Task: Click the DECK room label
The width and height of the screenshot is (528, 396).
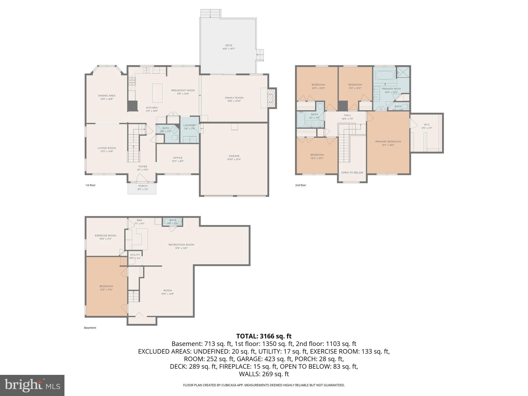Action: [x=229, y=45]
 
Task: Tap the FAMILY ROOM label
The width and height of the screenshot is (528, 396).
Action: [x=234, y=98]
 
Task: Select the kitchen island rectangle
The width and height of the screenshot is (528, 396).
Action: [x=157, y=93]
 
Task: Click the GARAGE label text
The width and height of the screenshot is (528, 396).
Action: [x=234, y=156]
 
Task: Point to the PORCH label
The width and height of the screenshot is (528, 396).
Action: [x=143, y=186]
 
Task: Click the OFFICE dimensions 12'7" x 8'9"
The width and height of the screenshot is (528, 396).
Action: [x=178, y=161]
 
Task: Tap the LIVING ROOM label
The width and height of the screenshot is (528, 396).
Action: [x=107, y=148]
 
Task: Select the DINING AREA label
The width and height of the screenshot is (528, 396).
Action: [x=107, y=96]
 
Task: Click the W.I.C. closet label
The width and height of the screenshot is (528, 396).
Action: [x=427, y=125]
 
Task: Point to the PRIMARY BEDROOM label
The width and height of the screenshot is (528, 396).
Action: [x=388, y=142]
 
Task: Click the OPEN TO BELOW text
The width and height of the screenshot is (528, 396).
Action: [x=352, y=173]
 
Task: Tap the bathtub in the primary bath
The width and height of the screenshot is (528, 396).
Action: [x=384, y=76]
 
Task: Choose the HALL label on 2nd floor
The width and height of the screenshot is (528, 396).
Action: [x=347, y=115]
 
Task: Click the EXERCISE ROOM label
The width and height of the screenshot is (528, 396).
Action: [x=105, y=235]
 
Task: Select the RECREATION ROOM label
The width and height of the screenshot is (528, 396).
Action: [x=181, y=245]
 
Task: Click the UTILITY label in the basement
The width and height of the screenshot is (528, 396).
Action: [x=135, y=255]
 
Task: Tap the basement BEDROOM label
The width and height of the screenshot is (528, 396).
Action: [x=106, y=286]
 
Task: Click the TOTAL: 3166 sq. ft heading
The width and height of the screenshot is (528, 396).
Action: [x=264, y=336]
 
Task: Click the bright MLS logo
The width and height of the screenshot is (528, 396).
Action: [x=32, y=385]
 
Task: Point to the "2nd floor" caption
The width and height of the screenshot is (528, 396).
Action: [x=300, y=185]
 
